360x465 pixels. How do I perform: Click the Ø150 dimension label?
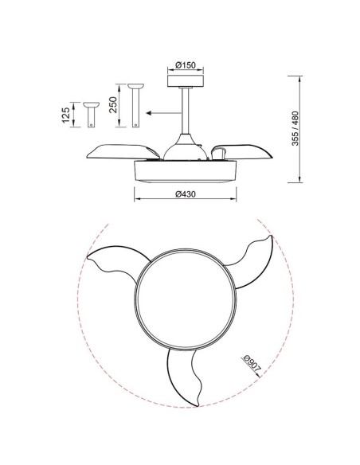186,64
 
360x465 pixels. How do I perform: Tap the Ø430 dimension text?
186,194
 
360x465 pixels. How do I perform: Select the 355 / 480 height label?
295,128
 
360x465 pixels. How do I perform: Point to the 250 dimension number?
113,104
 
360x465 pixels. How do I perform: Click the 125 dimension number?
66,115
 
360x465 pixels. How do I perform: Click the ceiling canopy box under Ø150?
186,81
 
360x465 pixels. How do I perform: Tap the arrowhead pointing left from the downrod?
150,113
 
